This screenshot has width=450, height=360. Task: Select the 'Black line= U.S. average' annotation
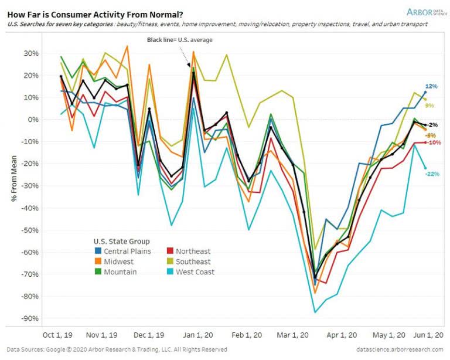179,40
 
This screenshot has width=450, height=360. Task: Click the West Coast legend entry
191,271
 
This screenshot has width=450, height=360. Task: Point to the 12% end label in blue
432,86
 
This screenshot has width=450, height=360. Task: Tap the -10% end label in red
433,142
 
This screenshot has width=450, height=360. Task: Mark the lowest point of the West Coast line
315,312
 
